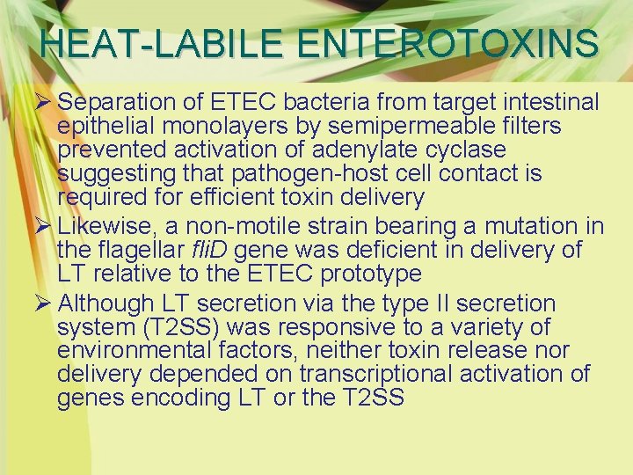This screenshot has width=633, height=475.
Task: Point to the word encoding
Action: pos(182,398)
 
